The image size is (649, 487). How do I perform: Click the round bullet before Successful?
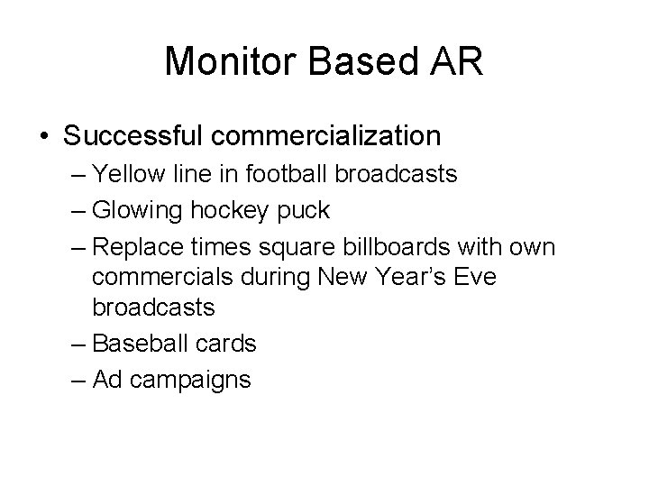coord(44,137)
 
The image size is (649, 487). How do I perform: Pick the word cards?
coord(227,343)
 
